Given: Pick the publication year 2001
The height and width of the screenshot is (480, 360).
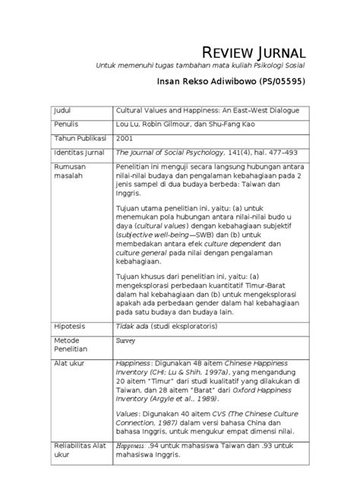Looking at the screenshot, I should pos(124,139).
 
